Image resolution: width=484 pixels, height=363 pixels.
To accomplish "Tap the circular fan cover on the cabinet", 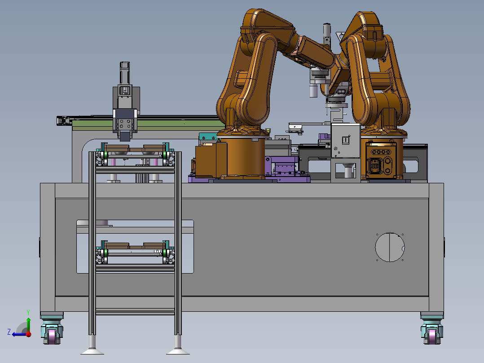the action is tap(390, 247).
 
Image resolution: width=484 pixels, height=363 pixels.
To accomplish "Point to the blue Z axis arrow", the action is tap(20, 334).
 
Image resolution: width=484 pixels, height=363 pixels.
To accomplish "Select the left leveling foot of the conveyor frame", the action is tap(92, 345).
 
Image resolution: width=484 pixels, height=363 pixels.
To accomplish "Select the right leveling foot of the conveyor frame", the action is tap(178, 345).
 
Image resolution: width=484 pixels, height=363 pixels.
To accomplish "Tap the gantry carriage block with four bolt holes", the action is tap(125, 124).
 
